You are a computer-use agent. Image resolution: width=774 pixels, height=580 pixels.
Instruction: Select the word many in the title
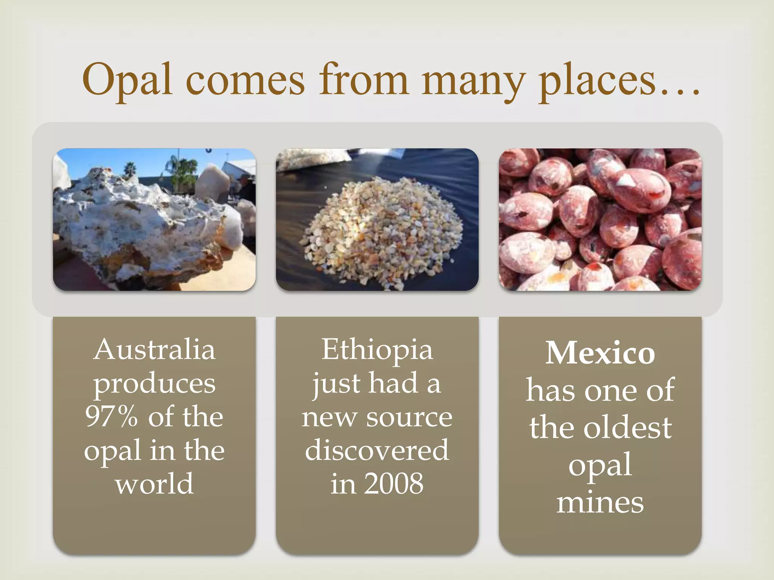473,81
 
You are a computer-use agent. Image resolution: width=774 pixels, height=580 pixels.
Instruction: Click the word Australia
154,350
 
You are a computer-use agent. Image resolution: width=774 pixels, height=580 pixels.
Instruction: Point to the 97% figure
111,417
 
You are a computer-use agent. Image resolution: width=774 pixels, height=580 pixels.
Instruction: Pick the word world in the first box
154,484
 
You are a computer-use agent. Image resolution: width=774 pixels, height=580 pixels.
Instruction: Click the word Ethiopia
377,350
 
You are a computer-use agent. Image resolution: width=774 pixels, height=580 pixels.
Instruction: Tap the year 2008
394,484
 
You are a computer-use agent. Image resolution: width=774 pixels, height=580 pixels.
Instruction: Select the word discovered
377,450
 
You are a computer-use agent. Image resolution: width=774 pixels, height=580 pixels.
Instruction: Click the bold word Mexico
600,353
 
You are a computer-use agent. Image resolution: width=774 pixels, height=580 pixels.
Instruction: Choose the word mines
600,503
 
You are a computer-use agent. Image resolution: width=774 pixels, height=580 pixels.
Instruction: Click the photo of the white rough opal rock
154,219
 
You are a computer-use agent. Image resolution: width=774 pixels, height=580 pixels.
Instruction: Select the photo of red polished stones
600,219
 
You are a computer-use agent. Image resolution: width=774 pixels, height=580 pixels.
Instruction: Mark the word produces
154,384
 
